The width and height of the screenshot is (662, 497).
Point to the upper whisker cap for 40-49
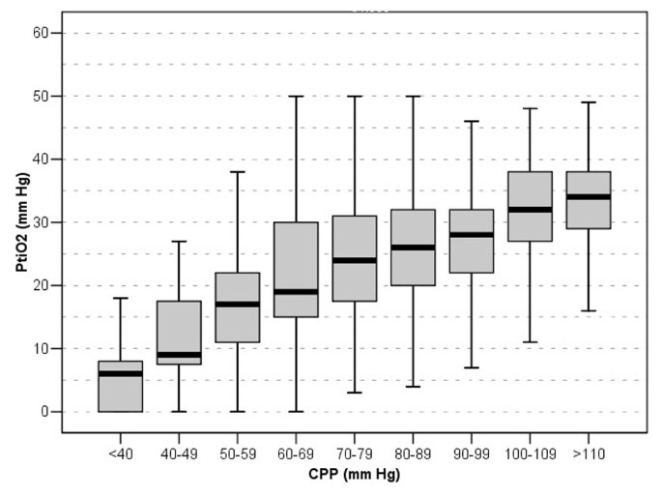(175, 241)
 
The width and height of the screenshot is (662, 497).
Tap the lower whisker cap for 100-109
(529, 342)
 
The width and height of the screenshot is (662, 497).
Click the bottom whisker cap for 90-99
(470, 367)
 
